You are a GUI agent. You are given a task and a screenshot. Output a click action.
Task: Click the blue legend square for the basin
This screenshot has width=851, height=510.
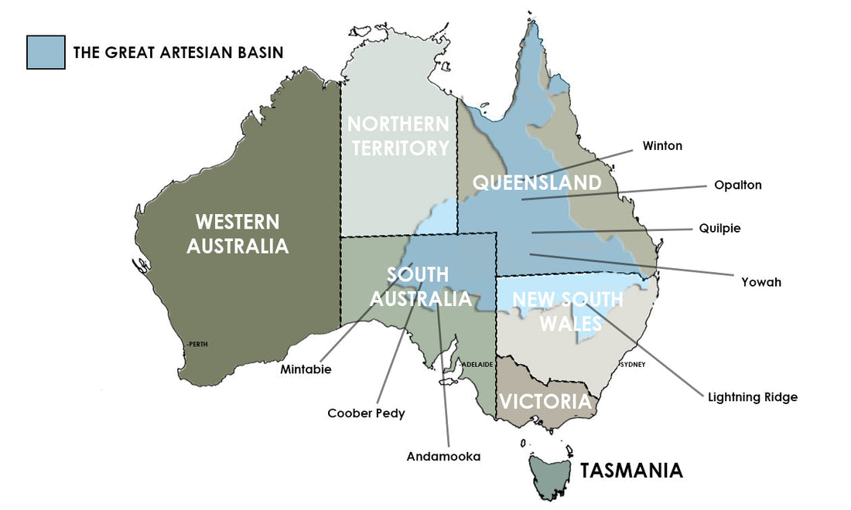(x=46, y=53)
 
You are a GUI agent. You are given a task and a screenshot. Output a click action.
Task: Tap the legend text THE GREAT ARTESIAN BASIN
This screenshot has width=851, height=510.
(x=178, y=53)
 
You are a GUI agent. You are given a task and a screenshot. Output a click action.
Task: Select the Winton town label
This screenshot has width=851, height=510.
(x=662, y=145)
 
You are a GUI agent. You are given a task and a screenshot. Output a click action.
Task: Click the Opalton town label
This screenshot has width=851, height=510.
(x=737, y=185)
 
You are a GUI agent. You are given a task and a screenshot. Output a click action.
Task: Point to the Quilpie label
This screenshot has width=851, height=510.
(x=719, y=229)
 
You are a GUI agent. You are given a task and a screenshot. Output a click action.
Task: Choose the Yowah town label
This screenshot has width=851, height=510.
(x=760, y=282)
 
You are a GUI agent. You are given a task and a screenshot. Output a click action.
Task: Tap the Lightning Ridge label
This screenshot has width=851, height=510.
(x=752, y=397)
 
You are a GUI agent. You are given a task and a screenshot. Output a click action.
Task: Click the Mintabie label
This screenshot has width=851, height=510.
(x=306, y=369)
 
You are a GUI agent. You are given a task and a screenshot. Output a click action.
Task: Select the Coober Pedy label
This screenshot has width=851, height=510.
(x=366, y=413)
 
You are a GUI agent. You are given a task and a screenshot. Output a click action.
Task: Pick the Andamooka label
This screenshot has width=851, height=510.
(x=443, y=457)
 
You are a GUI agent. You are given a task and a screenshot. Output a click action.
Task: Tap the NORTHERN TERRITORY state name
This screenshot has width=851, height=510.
(x=398, y=136)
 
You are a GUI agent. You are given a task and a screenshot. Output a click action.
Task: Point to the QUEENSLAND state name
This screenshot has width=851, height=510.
(x=536, y=183)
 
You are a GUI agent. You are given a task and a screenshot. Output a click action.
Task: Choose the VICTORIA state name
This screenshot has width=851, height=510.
(x=545, y=402)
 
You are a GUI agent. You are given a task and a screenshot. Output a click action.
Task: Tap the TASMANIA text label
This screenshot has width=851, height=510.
(x=631, y=471)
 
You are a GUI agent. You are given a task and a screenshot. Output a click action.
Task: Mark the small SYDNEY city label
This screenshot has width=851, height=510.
(x=633, y=364)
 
